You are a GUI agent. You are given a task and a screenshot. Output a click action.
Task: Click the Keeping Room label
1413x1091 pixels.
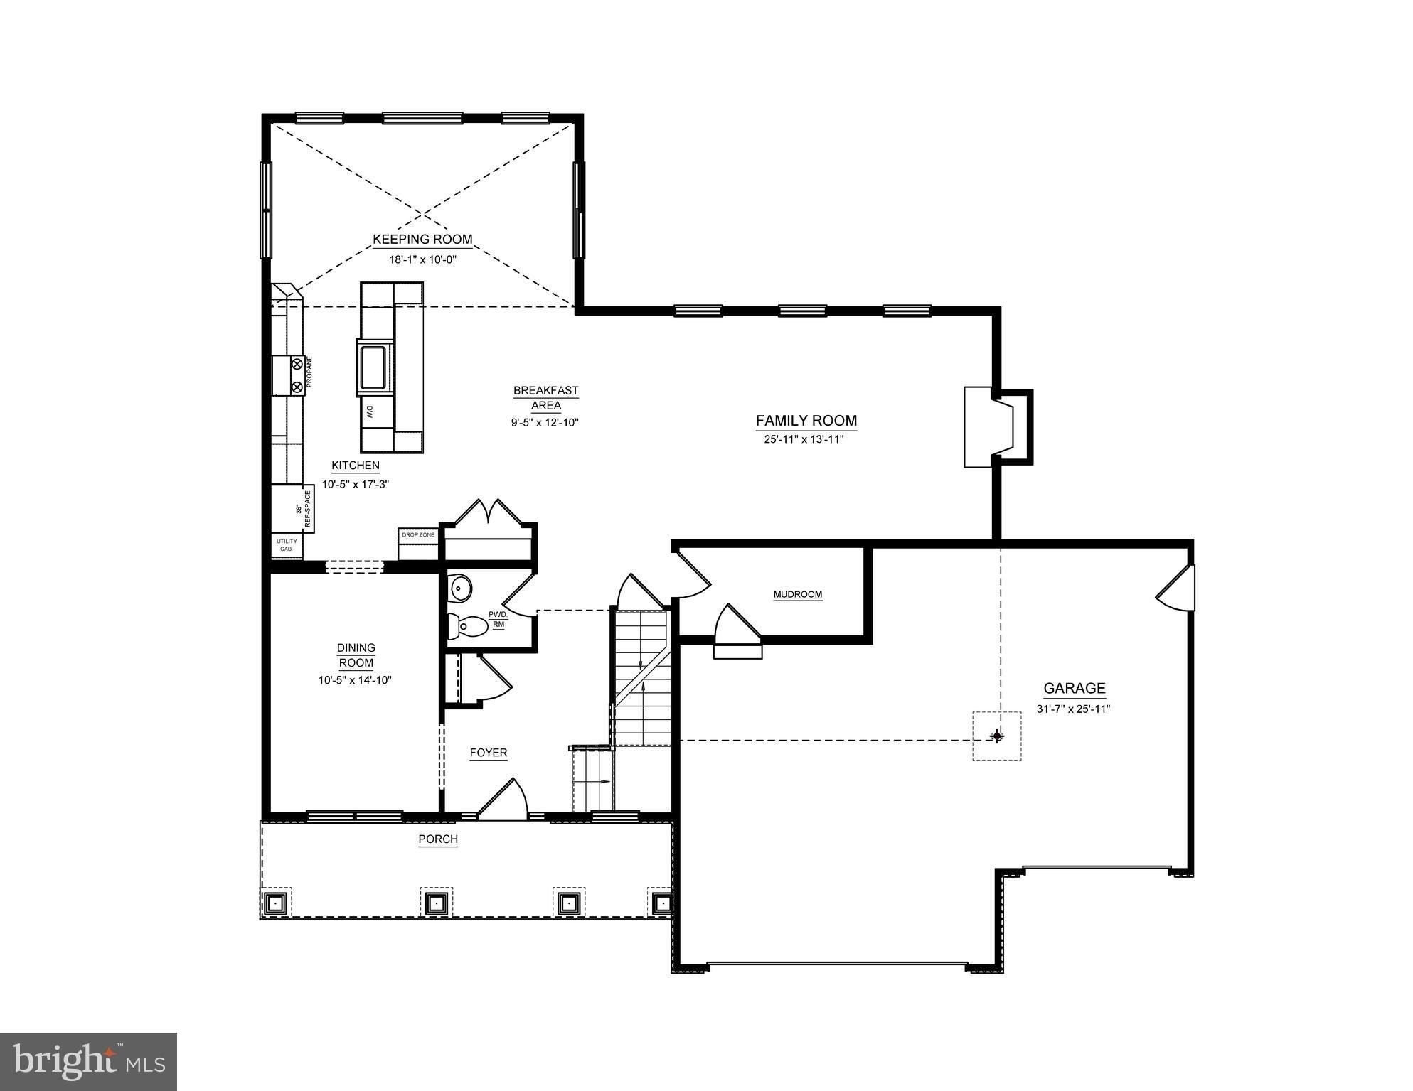coord(422,240)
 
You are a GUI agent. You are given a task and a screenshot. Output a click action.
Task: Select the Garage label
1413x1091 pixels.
coord(1074,688)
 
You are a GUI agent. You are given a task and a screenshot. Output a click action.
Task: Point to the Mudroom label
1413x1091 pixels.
coord(797,594)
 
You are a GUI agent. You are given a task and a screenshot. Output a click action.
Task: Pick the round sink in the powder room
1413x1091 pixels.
coord(461,587)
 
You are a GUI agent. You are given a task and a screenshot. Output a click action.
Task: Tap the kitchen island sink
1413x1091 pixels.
coord(373,367)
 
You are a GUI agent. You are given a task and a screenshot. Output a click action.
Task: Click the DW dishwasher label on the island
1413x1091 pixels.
coord(370,412)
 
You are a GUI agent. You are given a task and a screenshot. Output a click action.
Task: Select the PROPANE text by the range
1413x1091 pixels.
coord(309,372)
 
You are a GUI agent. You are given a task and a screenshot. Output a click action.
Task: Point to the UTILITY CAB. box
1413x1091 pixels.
coord(287,545)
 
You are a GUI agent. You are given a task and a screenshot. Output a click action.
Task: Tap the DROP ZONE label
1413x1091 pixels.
coord(418,534)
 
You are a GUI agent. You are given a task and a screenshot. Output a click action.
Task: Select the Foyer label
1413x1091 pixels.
coord(489,753)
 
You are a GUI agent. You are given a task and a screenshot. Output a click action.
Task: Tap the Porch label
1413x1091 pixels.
coord(438,839)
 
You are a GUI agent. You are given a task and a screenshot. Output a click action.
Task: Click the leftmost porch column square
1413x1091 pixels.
coord(274,903)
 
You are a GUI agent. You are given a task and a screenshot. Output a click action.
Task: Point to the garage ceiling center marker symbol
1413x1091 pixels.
coord(997,736)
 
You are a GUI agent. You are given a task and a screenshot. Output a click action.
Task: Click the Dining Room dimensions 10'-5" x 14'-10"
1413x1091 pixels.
coord(356,680)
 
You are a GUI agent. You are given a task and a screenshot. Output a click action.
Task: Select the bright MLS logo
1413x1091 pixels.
coord(88,1062)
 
